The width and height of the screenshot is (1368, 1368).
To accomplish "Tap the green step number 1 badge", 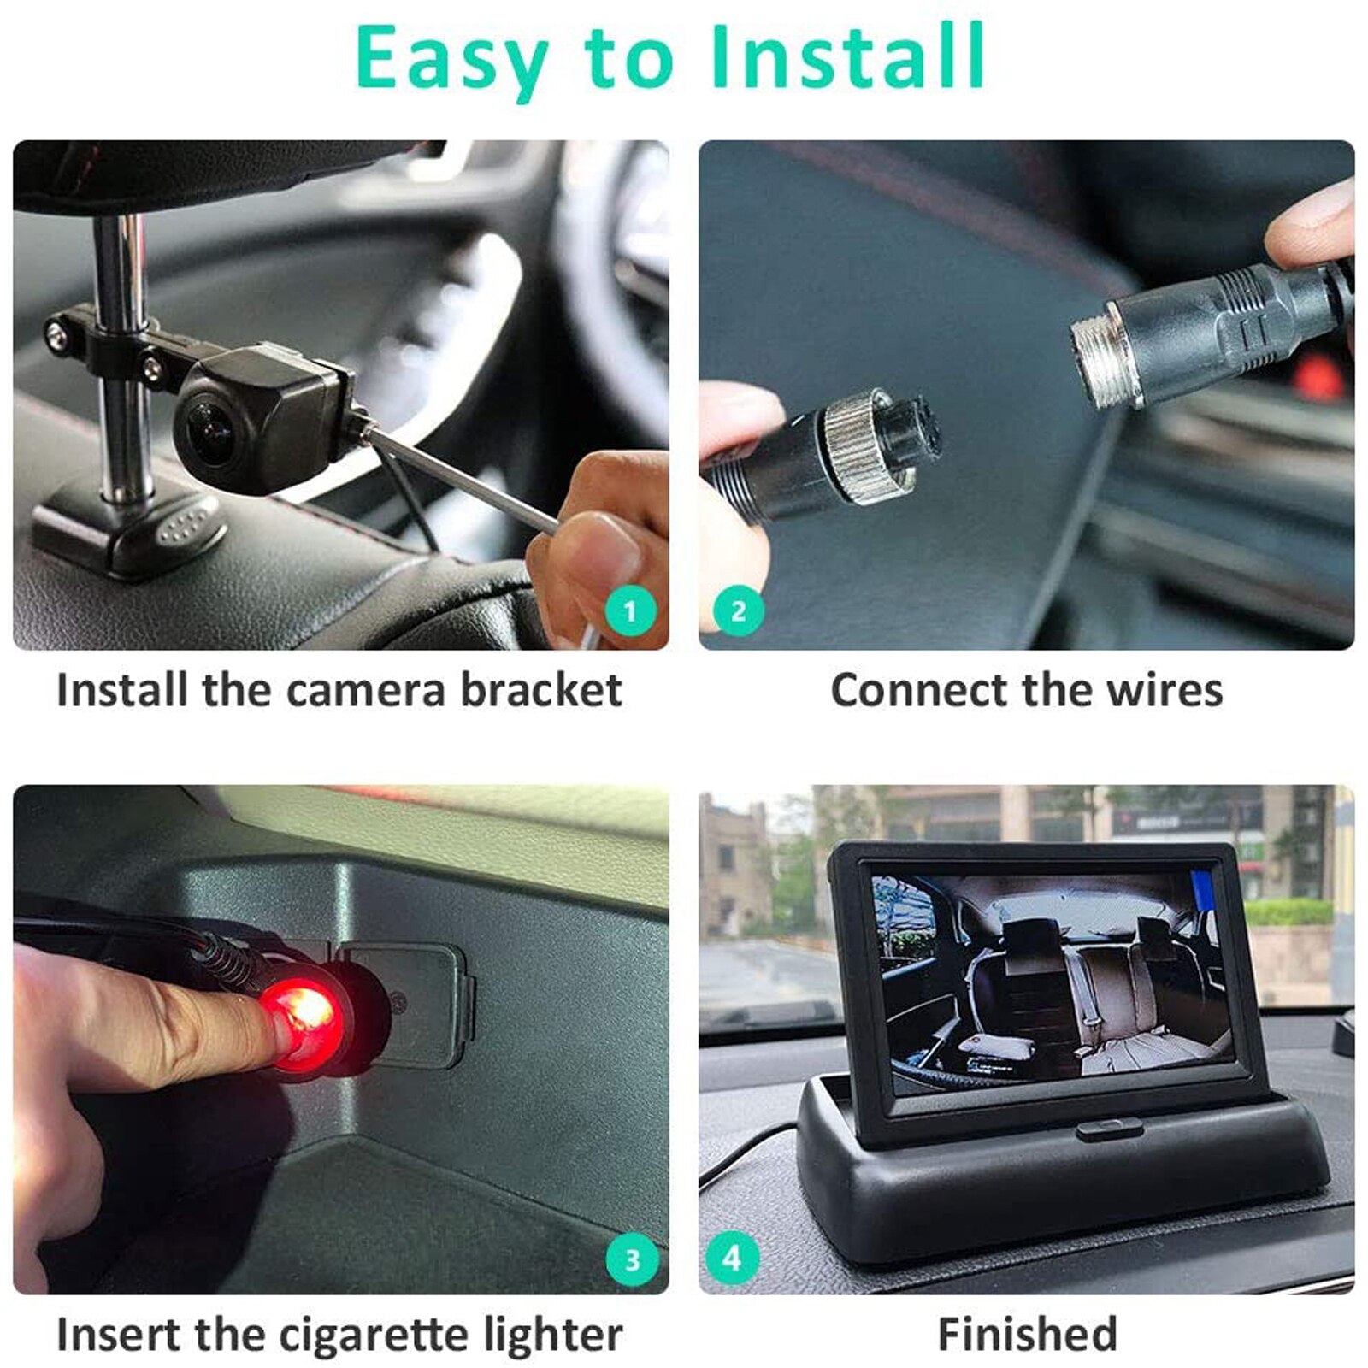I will pyautogui.click(x=631, y=611).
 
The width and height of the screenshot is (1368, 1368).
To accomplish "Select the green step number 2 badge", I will pyautogui.click(x=738, y=611).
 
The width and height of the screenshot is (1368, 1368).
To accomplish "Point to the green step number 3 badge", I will pyautogui.click(x=632, y=1259).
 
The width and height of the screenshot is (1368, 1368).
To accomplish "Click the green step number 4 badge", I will pyautogui.click(x=732, y=1258).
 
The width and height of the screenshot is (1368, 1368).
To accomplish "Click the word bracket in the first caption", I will pyautogui.click(x=540, y=690).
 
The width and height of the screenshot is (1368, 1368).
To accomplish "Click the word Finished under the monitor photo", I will pyautogui.click(x=1027, y=1334).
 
